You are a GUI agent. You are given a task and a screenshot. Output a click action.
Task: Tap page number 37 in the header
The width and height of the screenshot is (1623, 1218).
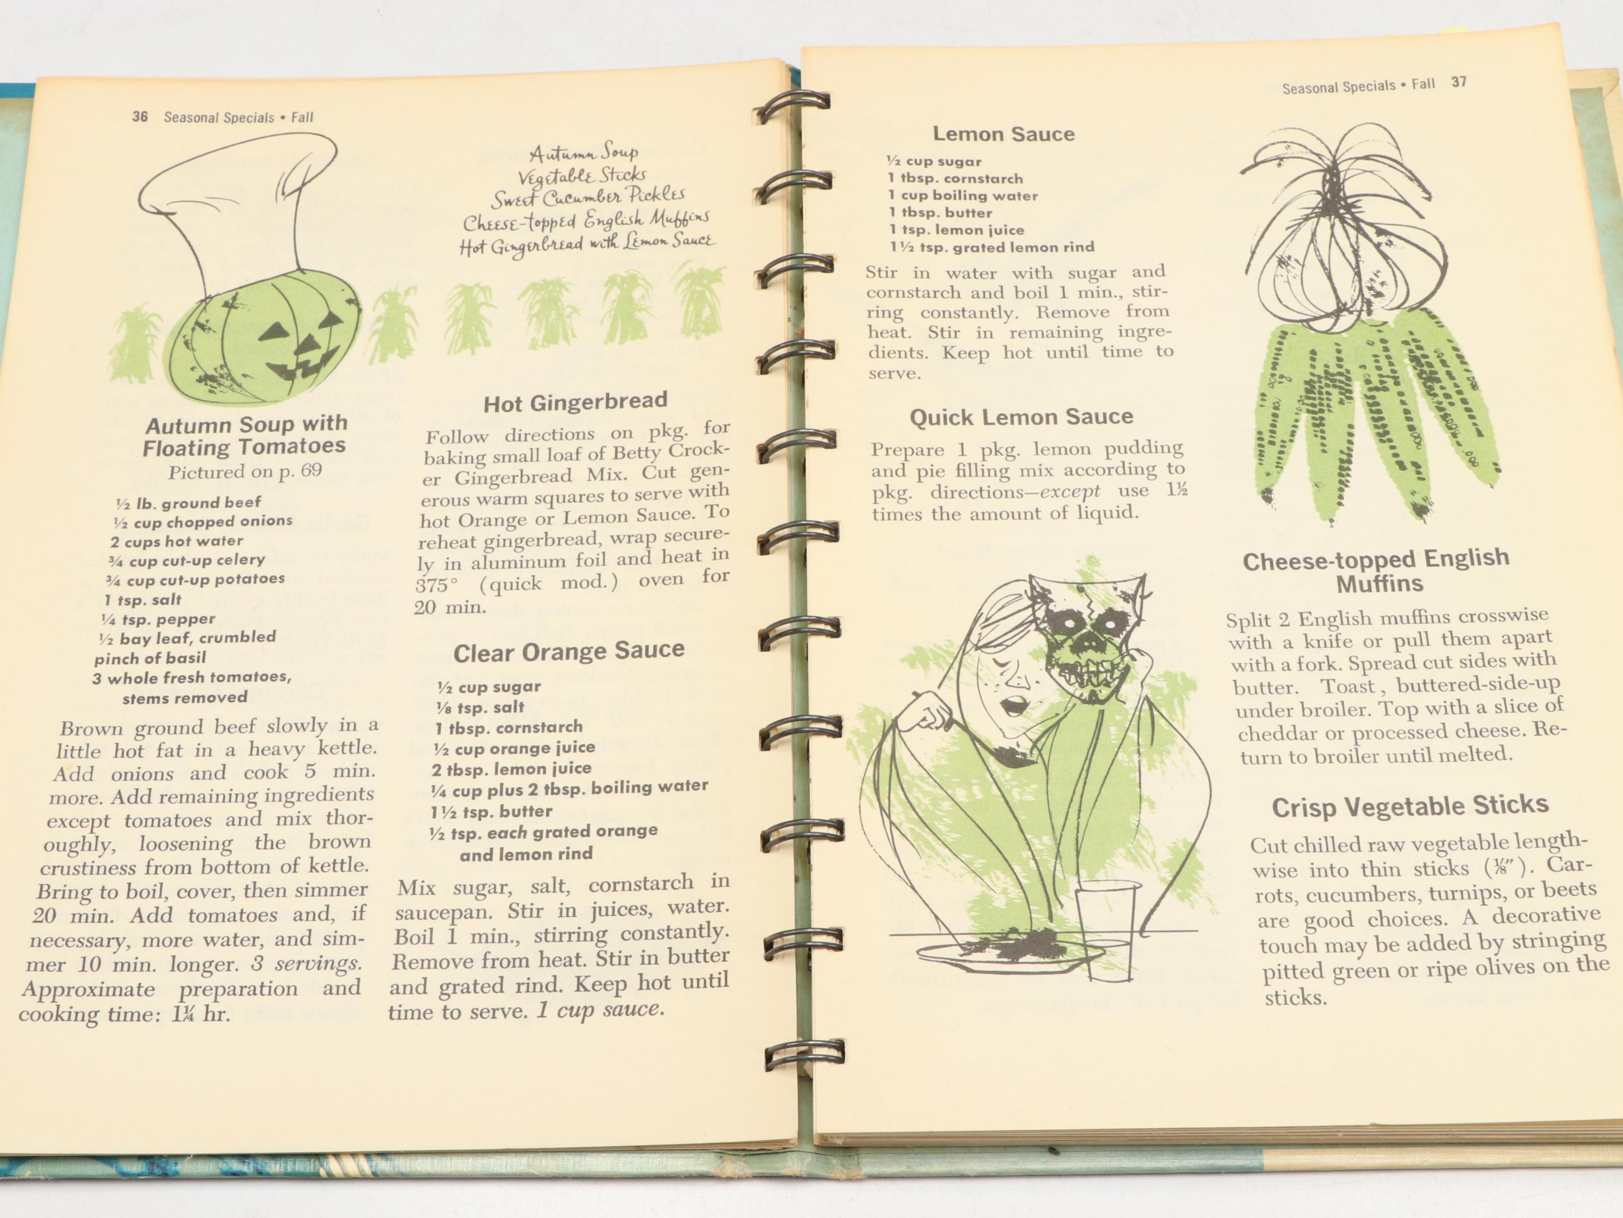tap(1459, 82)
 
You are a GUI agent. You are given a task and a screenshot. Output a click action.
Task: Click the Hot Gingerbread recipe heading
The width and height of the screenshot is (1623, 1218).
tap(575, 402)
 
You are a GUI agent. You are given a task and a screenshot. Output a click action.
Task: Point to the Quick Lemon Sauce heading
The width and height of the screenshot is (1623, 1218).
tap(1021, 417)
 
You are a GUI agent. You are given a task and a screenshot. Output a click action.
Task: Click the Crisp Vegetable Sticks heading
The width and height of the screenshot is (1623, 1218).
tap(1410, 806)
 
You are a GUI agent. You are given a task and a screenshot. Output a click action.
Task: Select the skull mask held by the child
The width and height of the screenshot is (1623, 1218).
tap(1086, 639)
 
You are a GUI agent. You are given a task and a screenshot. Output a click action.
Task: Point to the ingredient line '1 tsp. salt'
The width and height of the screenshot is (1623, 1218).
tap(143, 600)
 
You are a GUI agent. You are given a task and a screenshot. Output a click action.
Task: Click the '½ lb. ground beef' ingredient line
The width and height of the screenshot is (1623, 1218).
tap(189, 503)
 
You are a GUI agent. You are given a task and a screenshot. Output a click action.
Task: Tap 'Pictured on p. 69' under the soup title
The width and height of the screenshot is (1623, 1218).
tap(245, 471)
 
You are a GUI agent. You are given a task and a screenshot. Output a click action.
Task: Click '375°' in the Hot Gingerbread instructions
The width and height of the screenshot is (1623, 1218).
tap(437, 586)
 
